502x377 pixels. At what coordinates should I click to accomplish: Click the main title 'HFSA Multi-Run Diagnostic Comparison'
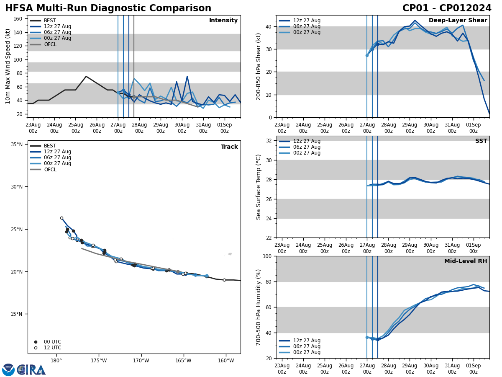point(108,8)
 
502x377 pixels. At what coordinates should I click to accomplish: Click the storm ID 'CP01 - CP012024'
point(447,8)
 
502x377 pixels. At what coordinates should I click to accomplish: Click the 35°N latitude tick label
point(17,145)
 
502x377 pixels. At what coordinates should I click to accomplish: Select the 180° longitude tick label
point(56,361)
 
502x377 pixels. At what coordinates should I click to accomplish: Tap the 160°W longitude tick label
point(225,361)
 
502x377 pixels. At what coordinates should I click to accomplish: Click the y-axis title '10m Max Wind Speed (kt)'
point(8,66)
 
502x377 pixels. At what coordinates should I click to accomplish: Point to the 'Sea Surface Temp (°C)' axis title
point(259,187)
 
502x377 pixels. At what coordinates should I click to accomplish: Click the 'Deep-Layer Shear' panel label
point(458,21)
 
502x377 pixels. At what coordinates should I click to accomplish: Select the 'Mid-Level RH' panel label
point(465,261)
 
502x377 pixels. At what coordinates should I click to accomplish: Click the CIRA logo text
point(31,369)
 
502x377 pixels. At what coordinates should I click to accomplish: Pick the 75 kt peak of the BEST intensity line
point(86,76)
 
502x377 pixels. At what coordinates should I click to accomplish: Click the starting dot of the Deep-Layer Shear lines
point(367,55)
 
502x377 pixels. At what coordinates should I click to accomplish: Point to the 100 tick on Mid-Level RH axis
point(267,256)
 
